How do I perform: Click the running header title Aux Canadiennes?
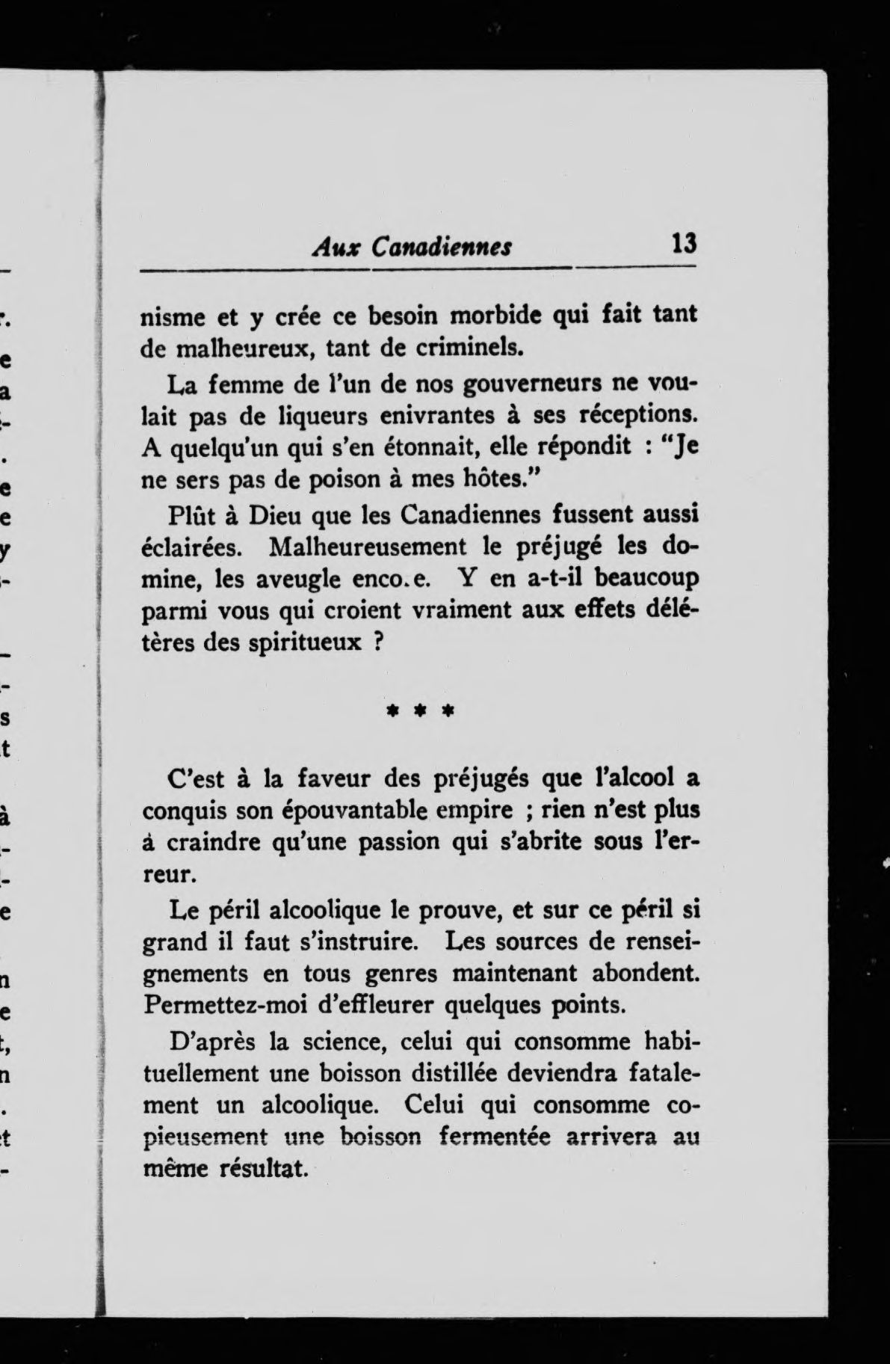[x=411, y=246]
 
